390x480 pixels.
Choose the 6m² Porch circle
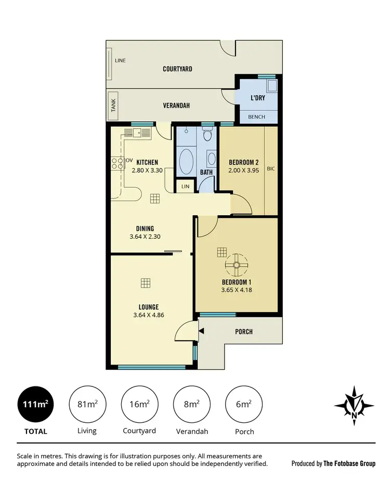click(x=243, y=404)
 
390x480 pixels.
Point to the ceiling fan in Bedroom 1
click(x=237, y=266)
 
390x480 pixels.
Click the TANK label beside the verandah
click(x=113, y=106)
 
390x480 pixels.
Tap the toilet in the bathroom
click(x=208, y=136)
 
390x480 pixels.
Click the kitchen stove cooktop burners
click(x=116, y=163)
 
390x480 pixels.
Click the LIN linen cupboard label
click(x=185, y=186)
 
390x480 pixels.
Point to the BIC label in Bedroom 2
click(x=270, y=168)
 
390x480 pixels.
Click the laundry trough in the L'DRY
click(x=270, y=86)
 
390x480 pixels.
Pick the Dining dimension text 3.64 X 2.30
click(x=145, y=237)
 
